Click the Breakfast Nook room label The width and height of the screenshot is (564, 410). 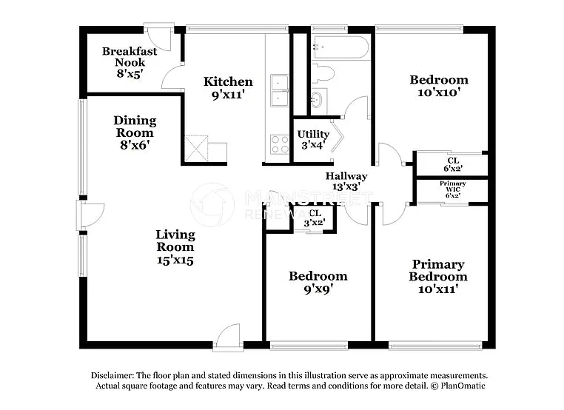coord(130,63)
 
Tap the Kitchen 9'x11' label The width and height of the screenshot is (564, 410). coord(228,87)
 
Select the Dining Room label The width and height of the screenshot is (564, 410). coord(134,132)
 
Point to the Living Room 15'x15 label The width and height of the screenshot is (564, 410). coord(175,247)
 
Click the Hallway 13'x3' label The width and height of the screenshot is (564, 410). coord(346,181)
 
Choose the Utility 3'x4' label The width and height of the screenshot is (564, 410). coord(313,139)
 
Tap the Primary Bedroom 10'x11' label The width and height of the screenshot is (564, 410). coord(437,276)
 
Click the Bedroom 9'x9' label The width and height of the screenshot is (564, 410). coord(318,282)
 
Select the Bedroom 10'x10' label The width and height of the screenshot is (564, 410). coord(439,86)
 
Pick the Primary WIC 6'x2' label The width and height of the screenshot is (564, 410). coord(452,189)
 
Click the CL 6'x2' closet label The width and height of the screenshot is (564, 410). coord(453,164)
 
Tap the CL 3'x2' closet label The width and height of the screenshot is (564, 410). coord(314,218)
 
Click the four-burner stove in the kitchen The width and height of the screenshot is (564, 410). coord(280,143)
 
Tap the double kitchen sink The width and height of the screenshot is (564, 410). coord(280,90)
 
